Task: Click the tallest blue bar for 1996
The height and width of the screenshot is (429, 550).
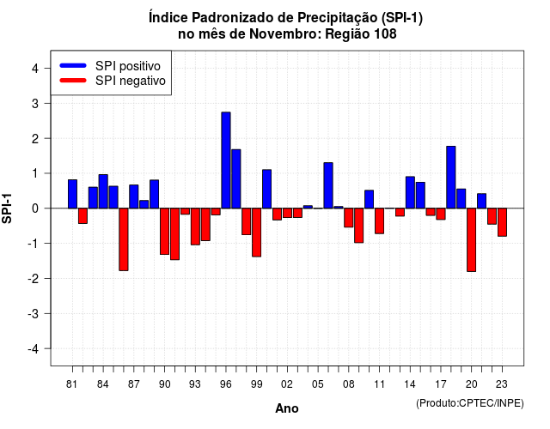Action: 226,160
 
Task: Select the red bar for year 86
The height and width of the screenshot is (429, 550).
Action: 124,239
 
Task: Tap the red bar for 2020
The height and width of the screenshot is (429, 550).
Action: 472,240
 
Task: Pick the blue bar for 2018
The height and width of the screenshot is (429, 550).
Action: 451,178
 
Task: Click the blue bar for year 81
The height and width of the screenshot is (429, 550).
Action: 72,194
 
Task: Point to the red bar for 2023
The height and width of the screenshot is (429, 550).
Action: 502,222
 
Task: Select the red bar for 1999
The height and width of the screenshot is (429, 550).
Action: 256,233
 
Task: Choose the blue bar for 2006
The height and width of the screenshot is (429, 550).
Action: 328,185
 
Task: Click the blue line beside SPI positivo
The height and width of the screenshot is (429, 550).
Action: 73,65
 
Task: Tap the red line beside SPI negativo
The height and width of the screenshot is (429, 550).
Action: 73,80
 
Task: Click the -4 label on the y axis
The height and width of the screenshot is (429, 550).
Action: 34,349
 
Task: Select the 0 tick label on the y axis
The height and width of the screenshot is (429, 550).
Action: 35,208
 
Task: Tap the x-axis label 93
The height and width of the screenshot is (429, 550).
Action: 195,384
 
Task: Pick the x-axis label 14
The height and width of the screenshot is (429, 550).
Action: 410,384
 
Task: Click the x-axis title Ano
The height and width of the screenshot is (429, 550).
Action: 287,408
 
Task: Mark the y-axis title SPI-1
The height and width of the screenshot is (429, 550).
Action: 7,208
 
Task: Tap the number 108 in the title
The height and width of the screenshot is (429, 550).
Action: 386,34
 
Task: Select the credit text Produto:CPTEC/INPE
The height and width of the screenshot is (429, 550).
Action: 470,403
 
